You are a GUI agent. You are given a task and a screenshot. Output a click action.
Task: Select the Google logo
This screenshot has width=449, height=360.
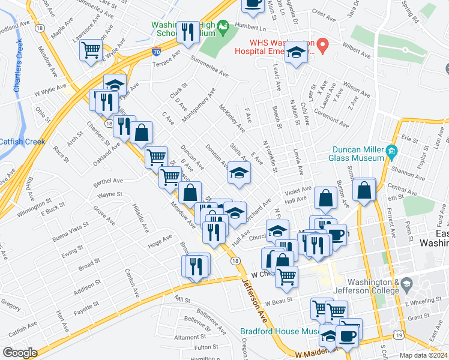20,353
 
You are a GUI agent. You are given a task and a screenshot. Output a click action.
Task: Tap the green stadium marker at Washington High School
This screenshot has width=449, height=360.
223,26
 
